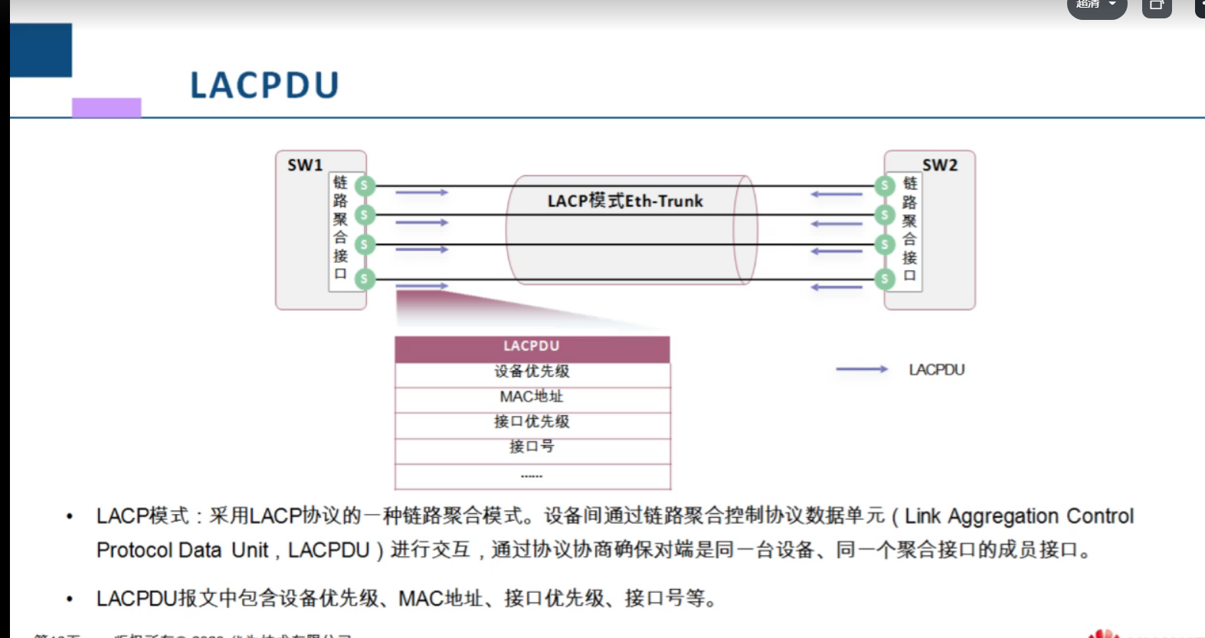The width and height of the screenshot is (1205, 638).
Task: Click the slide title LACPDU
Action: pos(264,85)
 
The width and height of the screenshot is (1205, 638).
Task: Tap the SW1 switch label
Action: pos(305,165)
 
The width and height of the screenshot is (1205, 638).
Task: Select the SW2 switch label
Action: pos(939,165)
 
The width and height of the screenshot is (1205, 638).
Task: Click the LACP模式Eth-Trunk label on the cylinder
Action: pos(625,201)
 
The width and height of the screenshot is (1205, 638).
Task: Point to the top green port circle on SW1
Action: pos(365,185)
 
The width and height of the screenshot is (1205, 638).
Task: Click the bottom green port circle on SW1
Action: pos(365,279)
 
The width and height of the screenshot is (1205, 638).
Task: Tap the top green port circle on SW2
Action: pos(885,185)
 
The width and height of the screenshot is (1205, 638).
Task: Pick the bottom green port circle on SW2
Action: pos(885,279)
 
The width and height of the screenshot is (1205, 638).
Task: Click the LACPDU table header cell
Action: pos(532,347)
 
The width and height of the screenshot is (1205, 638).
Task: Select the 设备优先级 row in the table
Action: pos(532,372)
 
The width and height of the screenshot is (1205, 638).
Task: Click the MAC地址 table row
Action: pos(532,397)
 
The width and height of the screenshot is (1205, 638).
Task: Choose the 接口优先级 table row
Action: pos(532,422)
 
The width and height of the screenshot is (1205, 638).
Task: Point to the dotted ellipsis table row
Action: pos(532,476)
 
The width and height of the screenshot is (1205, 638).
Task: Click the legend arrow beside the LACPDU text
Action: pos(862,369)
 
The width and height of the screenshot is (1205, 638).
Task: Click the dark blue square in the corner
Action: pos(41,51)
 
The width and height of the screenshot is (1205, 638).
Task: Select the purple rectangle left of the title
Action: pos(106,107)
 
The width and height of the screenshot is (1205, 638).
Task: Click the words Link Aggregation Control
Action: pos(1019,516)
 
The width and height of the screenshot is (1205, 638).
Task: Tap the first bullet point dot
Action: pos(70,517)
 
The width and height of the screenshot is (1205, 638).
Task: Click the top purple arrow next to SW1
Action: pos(421,192)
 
